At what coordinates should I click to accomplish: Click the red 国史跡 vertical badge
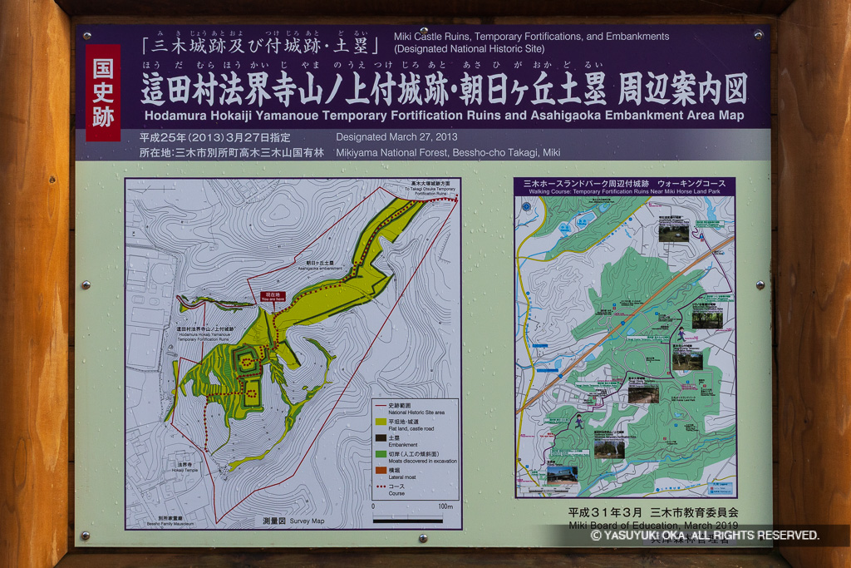pyautogui.click(x=103, y=92)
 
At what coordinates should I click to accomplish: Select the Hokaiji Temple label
pyautogui.click(x=185, y=468)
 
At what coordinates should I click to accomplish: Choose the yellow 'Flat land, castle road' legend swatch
pyautogui.click(x=381, y=422)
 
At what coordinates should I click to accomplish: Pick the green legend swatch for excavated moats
pyautogui.click(x=381, y=453)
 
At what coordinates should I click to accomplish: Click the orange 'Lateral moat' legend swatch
pyautogui.click(x=381, y=470)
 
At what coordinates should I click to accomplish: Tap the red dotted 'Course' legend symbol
pyautogui.click(x=381, y=487)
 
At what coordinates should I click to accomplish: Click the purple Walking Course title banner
pyautogui.click(x=624, y=186)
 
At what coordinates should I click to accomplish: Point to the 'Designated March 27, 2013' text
pyautogui.click(x=396, y=137)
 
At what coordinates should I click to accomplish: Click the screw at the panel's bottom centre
pyautogui.click(x=423, y=538)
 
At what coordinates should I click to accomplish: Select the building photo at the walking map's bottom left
pyautogui.click(x=562, y=475)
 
